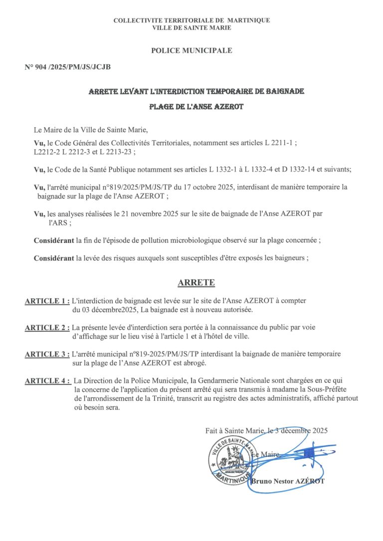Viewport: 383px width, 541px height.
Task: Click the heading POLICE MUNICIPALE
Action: tap(191, 50)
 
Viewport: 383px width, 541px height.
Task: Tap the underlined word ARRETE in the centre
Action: tap(196, 283)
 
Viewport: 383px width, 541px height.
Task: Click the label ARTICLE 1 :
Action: tap(47, 301)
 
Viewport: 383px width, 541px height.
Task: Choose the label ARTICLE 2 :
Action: tap(47, 328)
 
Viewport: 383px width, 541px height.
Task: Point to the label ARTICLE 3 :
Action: tap(47, 354)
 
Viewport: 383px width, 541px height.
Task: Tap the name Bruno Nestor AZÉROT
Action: tap(288, 481)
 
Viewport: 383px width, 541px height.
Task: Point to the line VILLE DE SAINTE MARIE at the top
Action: tap(192, 28)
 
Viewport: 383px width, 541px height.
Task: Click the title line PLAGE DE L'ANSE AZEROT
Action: tap(196, 107)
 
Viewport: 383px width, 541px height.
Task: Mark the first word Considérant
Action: tap(54, 240)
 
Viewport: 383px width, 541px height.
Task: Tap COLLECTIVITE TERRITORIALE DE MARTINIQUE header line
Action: tap(192, 20)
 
